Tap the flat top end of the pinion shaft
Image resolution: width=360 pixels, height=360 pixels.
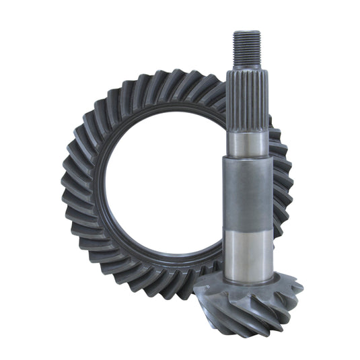click(247, 32)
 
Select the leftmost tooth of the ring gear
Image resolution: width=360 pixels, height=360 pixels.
click(67, 182)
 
